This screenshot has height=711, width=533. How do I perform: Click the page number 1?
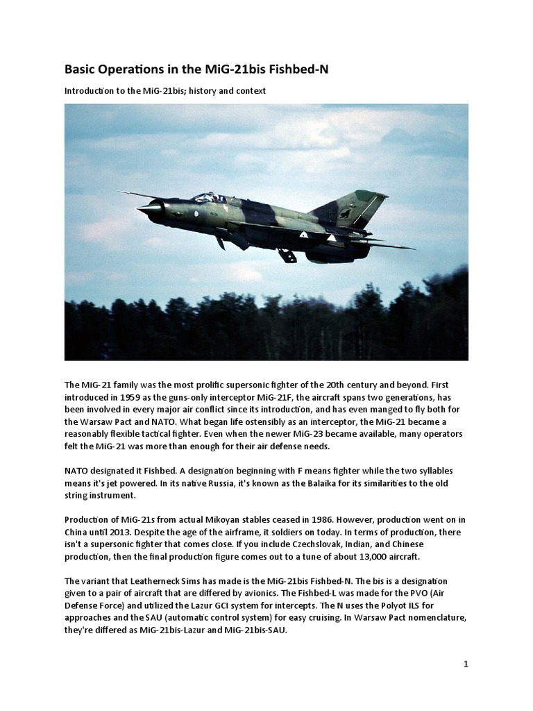tap(466, 664)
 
